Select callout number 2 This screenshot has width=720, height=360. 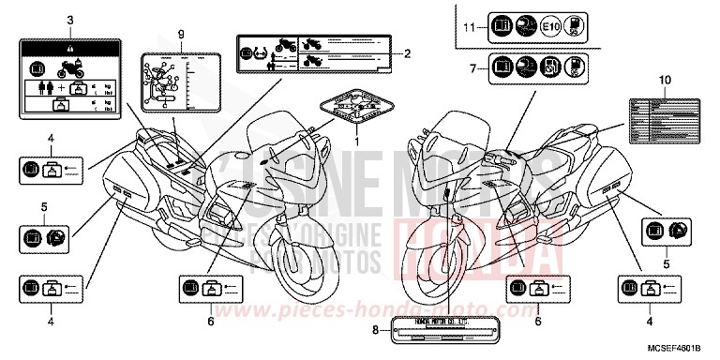408,54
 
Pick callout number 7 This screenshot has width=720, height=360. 472,68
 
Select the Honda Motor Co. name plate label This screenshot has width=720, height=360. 437,328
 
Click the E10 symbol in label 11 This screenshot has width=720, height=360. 553,28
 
